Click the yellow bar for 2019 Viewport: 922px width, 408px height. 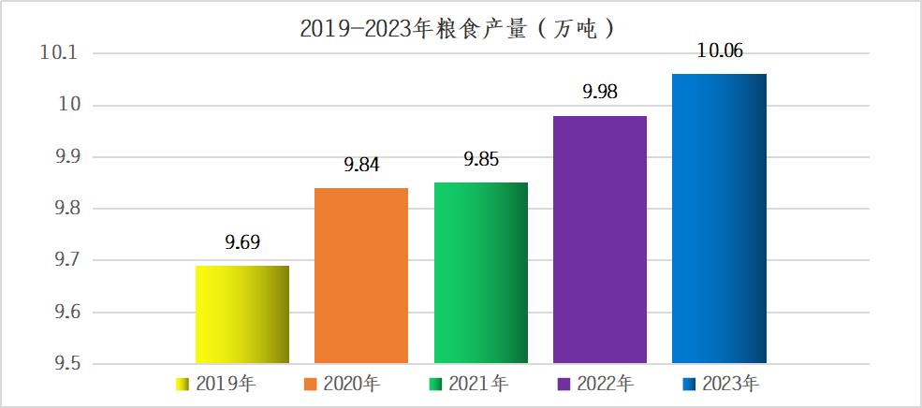coord(241,314)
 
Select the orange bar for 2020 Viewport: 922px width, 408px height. coord(361,275)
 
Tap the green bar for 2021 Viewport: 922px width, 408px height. coord(481,272)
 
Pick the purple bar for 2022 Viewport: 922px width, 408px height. coord(600,240)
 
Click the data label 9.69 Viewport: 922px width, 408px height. coord(241,243)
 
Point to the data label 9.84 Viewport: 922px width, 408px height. coord(361,165)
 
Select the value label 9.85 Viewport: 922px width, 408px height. coord(481,159)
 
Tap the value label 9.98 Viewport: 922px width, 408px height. coord(600,92)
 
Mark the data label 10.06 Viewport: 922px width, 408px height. coord(720,51)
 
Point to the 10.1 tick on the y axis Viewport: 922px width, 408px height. coord(57,53)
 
